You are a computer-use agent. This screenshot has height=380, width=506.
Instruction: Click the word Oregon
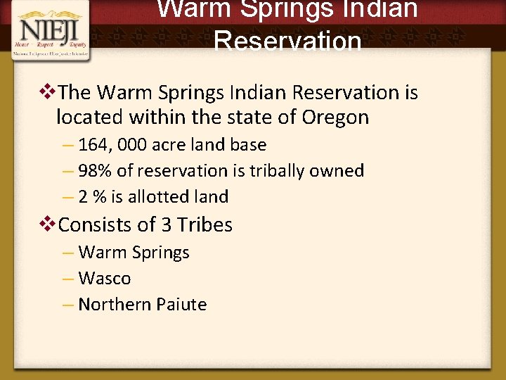coord(335,117)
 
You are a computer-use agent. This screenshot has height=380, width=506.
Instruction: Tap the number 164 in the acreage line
coord(92,145)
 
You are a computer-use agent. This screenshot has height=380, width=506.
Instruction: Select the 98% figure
coord(93,171)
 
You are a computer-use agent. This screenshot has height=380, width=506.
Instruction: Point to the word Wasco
coord(105,279)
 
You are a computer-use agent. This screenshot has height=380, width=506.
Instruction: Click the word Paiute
coord(181,305)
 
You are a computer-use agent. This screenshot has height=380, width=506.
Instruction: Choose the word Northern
coord(110,305)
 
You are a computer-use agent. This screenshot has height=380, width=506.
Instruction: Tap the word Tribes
coord(205,225)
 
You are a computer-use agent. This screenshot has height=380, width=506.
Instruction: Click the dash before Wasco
coord(68,279)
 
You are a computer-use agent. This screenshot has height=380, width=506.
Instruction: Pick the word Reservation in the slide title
coord(287,41)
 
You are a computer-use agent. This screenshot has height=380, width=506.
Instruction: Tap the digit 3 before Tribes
coord(166,225)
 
